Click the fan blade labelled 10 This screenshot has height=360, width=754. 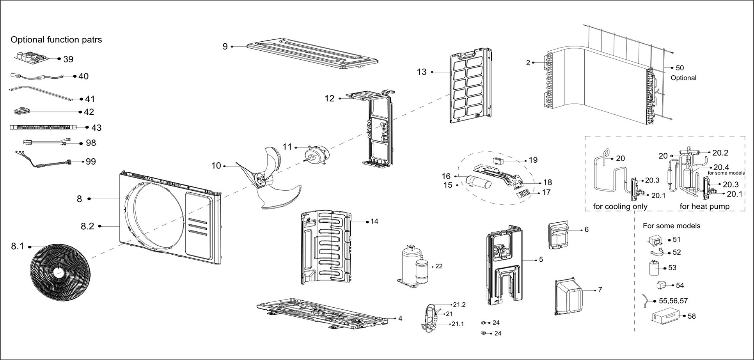coord(269,179)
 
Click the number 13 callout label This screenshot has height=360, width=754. coord(422,72)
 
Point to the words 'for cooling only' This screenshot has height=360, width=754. coord(620,206)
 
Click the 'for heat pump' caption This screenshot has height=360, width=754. coord(704,206)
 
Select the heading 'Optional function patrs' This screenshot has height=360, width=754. coord(56,40)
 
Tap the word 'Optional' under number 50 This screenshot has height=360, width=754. coord(683,78)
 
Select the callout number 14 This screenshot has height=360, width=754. coord(374,222)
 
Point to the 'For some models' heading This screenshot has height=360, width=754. coord(671,226)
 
